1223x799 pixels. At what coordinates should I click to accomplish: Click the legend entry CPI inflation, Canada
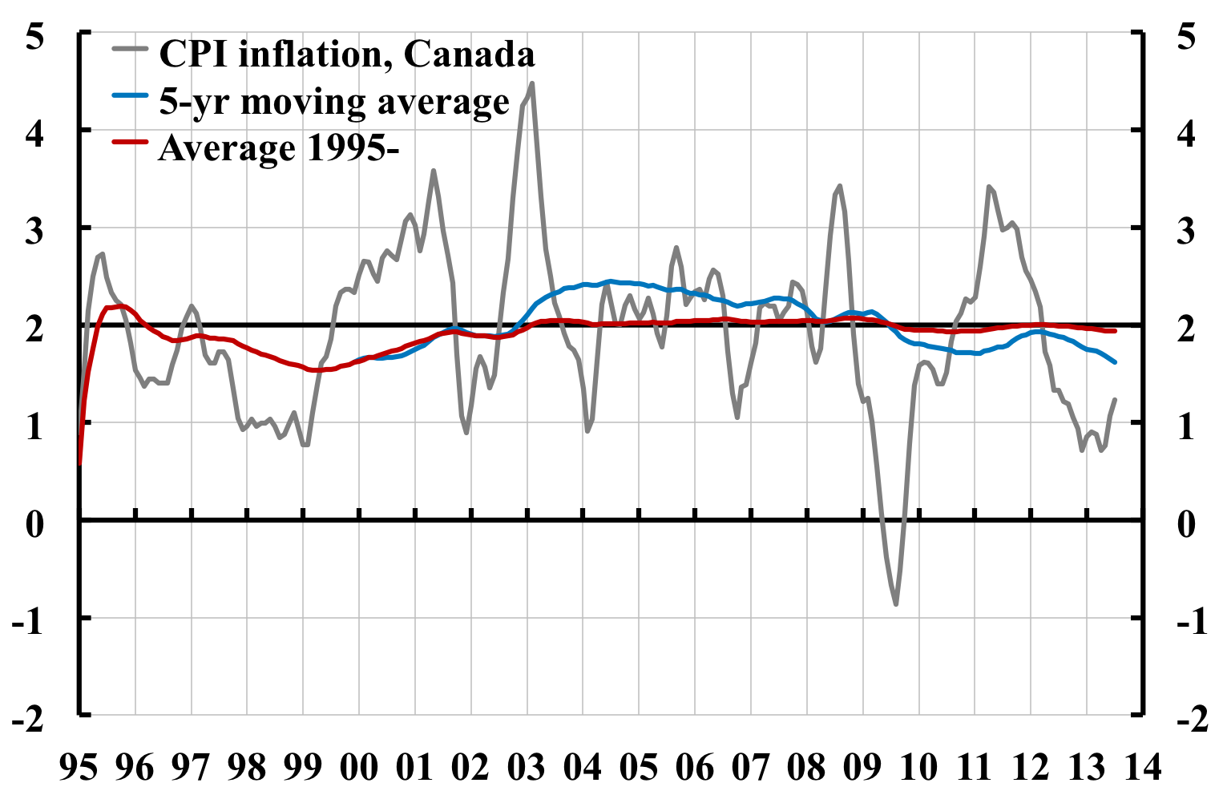click(x=347, y=54)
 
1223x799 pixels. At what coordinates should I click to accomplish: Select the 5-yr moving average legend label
click(x=334, y=102)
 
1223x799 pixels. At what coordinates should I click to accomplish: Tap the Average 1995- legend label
click(x=278, y=148)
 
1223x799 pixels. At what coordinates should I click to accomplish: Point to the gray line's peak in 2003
click(x=532, y=83)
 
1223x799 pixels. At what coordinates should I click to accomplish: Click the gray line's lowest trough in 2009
click(x=895, y=604)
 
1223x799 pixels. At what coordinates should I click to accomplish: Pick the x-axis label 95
click(x=79, y=767)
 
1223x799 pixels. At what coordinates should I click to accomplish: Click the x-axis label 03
click(x=527, y=767)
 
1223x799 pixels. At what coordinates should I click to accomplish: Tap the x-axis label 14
click(x=1142, y=767)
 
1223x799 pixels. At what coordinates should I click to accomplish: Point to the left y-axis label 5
click(x=34, y=38)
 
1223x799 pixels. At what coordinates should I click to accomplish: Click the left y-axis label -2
click(x=28, y=719)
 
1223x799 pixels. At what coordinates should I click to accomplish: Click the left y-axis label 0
click(x=34, y=525)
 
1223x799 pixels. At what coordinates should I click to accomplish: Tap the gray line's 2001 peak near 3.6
click(x=434, y=170)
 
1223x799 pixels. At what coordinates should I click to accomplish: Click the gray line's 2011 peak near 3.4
click(x=989, y=187)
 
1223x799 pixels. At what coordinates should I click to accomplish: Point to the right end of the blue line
click(x=1115, y=362)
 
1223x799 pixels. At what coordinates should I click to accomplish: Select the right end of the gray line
click(x=1115, y=399)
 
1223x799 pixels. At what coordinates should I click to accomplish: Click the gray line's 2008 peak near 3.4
click(x=839, y=185)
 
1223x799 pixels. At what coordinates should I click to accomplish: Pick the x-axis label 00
click(x=358, y=767)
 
